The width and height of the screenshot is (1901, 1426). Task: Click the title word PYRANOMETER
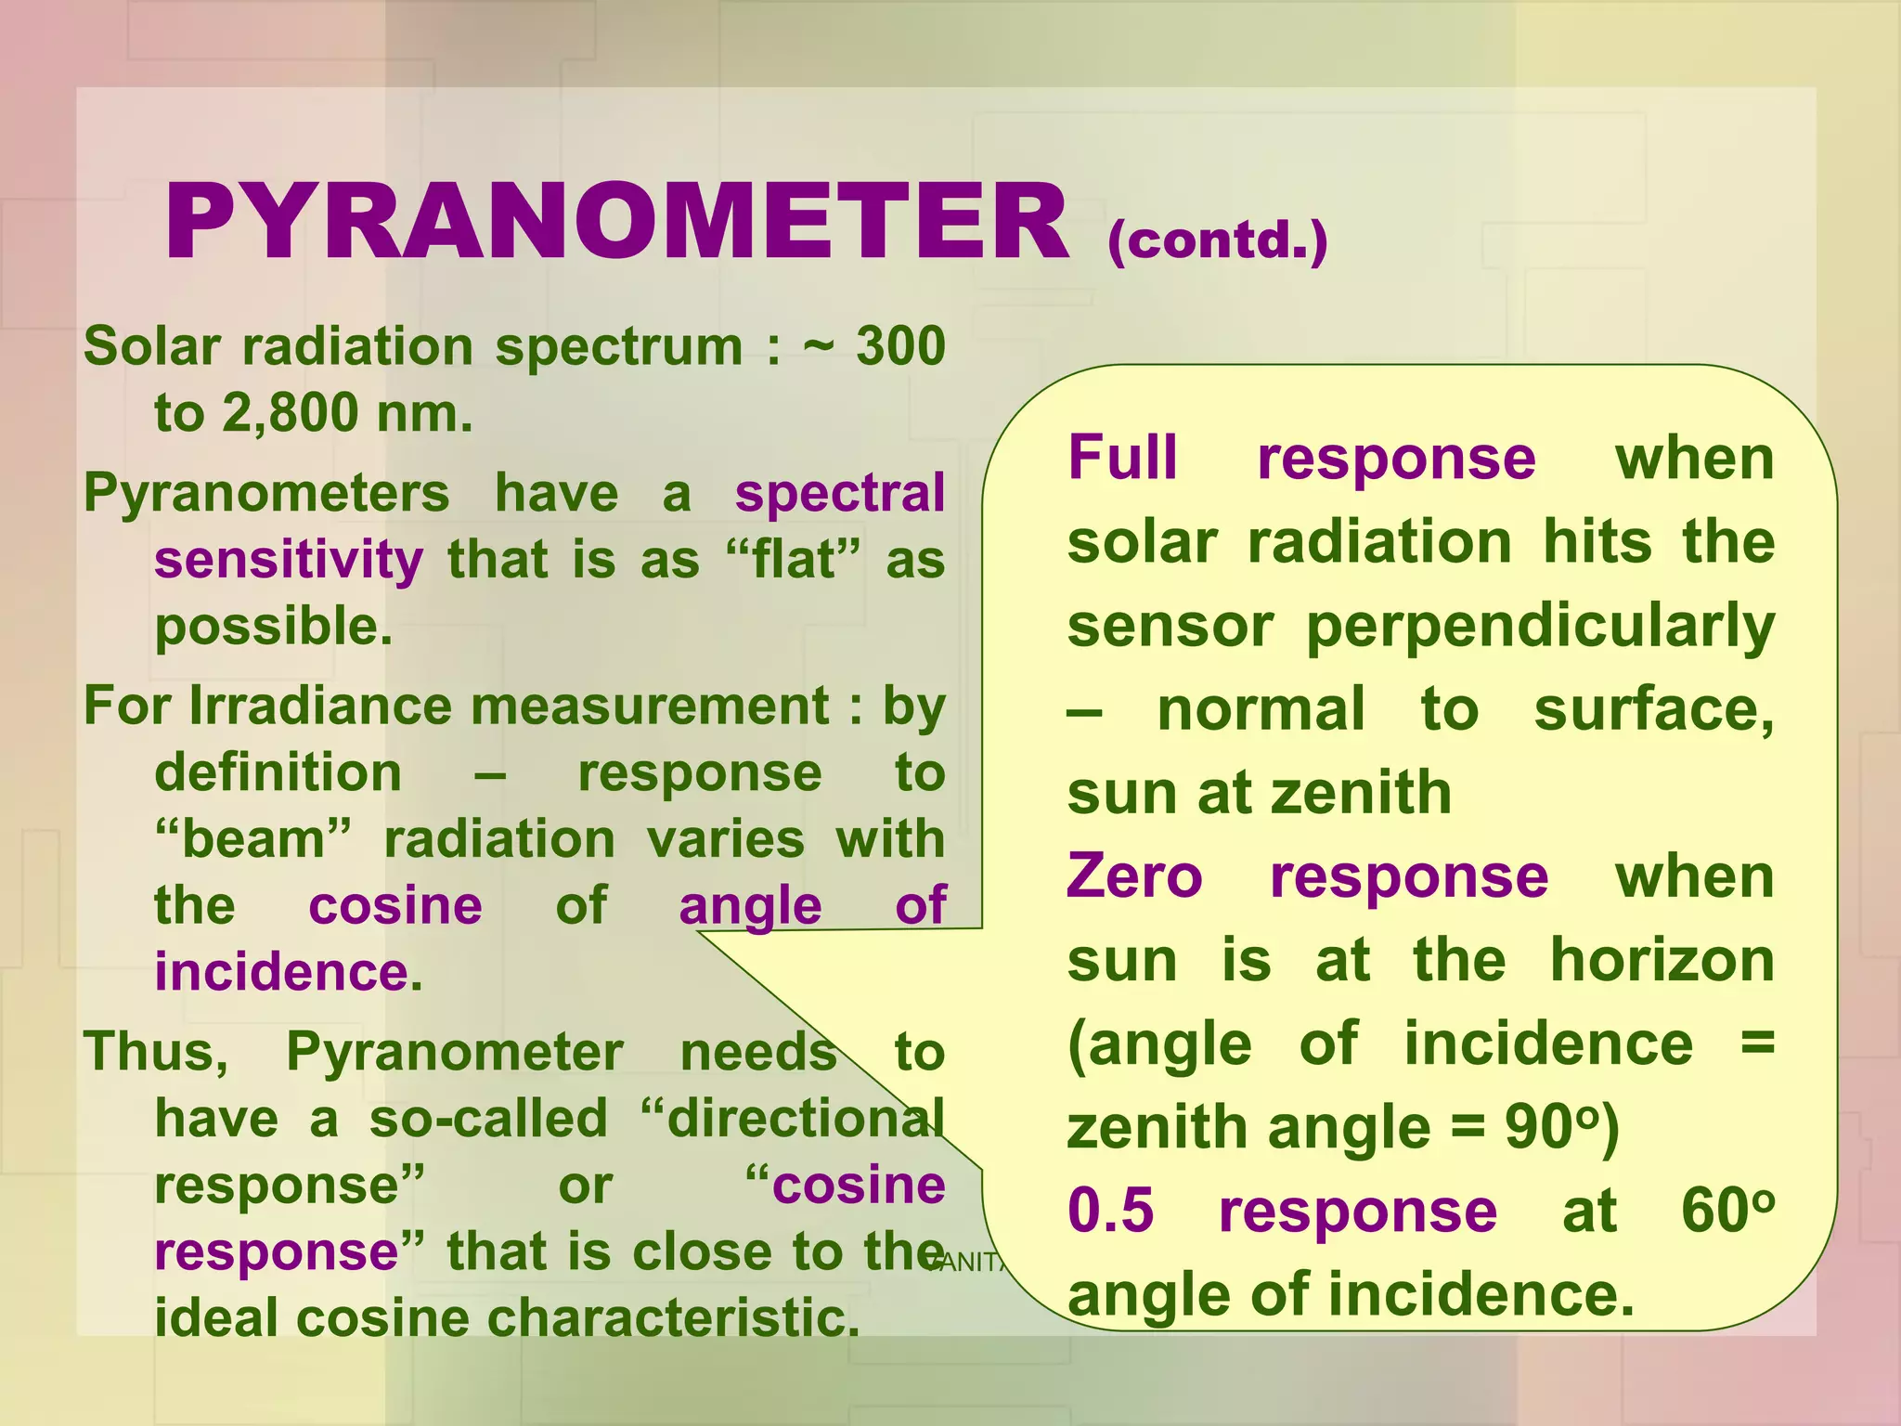coord(616,224)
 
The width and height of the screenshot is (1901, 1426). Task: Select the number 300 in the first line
coord(899,346)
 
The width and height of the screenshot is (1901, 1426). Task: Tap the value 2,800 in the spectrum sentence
coord(289,413)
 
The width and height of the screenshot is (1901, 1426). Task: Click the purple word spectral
coord(839,493)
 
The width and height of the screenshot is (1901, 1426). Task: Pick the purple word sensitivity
coord(289,560)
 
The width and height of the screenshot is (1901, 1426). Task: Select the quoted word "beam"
coord(253,839)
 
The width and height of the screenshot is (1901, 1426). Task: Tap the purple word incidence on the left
coord(281,972)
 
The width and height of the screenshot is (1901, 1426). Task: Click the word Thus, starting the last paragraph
coord(156,1052)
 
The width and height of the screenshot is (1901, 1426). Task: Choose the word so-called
coord(488,1119)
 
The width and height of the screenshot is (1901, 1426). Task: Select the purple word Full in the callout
coord(1122,458)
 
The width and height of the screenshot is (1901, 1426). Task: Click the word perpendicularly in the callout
coord(1540,626)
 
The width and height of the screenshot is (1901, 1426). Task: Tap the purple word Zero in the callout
coord(1134,876)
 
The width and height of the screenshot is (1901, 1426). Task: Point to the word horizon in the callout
coord(1662,960)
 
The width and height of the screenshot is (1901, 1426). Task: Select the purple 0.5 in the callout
coord(1110,1211)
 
